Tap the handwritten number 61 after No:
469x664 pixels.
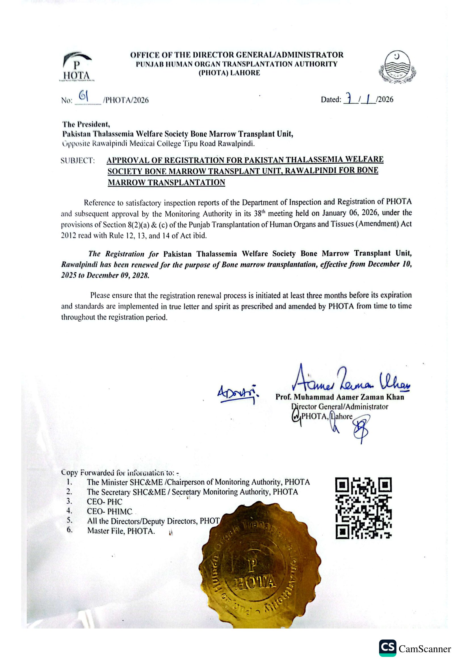coord(84,96)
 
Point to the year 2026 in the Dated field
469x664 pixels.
coord(386,99)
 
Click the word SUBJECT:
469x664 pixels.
coord(78,161)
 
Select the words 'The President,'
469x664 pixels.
coord(86,124)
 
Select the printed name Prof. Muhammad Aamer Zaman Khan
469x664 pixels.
coord(340,397)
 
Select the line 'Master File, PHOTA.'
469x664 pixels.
coord(121,531)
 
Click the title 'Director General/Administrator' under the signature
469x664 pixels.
coord(340,407)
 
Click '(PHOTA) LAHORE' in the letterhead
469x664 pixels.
coord(229,73)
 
